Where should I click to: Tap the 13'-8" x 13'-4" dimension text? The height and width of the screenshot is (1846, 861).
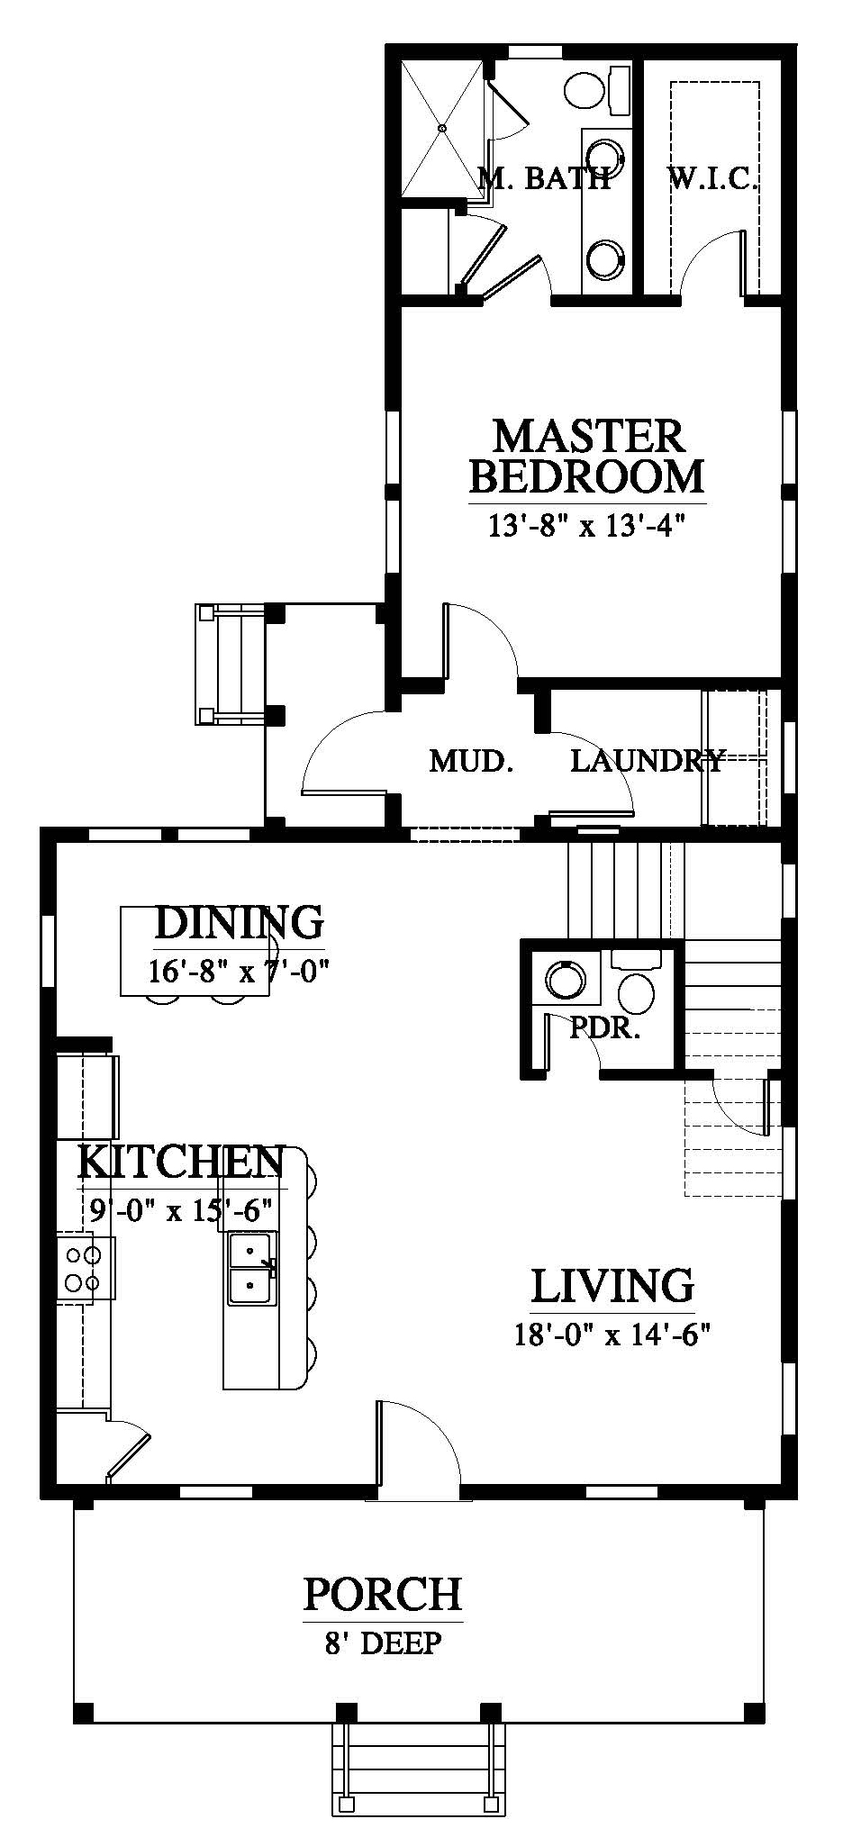pos(581,525)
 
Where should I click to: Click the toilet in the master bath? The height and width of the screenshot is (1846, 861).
pos(598,90)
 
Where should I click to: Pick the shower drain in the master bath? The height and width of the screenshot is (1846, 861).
pos(443,130)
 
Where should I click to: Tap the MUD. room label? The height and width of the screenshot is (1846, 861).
pos(471,762)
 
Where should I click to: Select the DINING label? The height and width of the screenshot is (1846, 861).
pos(239,923)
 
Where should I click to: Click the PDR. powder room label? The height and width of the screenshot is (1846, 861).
pos(604,1028)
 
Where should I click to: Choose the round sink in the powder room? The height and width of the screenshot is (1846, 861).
pos(565,979)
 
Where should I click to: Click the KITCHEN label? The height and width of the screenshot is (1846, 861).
pos(181,1163)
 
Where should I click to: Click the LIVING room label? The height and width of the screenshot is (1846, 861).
pos(612,1286)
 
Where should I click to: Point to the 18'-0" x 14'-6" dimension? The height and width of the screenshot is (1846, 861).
pos(612,1334)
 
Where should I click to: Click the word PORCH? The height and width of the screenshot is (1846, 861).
pos(383,1595)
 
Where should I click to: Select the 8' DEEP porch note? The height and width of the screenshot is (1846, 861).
pos(383,1643)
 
